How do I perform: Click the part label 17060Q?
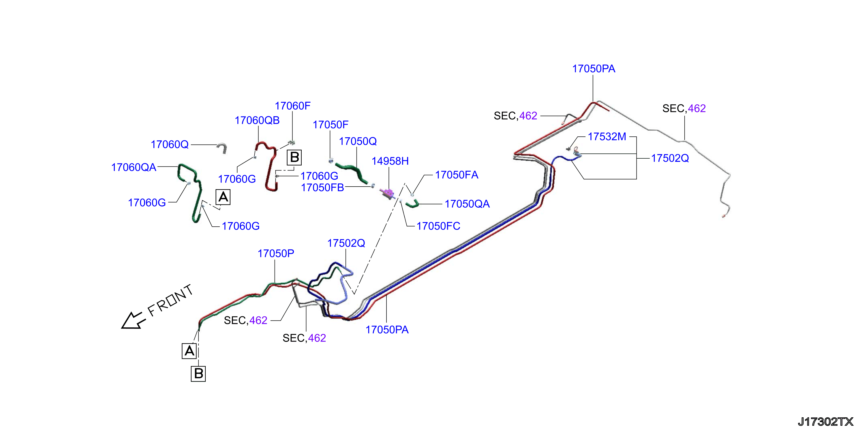click(x=170, y=144)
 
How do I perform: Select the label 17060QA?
click(x=134, y=168)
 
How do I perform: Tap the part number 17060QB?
click(x=257, y=120)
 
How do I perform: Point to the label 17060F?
click(x=292, y=106)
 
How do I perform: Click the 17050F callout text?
click(x=330, y=125)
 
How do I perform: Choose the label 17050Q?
click(x=358, y=142)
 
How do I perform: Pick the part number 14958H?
click(x=390, y=161)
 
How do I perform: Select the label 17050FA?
click(x=457, y=175)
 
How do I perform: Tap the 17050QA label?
click(x=467, y=204)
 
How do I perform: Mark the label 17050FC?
click(x=438, y=226)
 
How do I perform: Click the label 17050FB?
click(x=322, y=188)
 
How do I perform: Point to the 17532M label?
click(x=607, y=137)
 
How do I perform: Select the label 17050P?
click(x=276, y=254)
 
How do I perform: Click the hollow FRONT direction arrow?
click(x=133, y=321)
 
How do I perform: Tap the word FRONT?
click(x=170, y=301)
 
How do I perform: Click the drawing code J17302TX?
click(x=825, y=422)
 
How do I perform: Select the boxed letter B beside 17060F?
click(x=294, y=157)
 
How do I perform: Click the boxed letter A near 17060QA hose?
click(x=223, y=197)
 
